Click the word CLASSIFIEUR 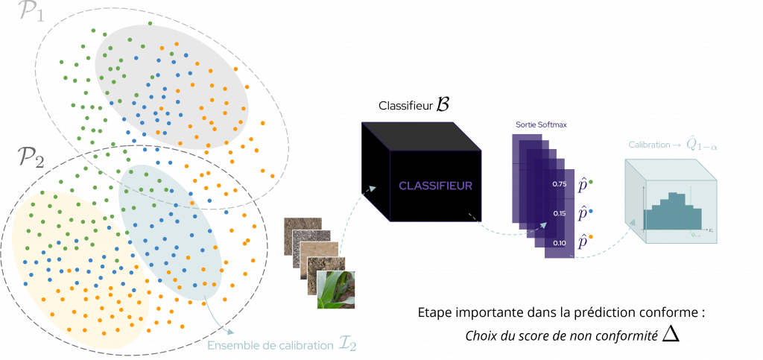click(435, 186)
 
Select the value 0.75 click(561, 183)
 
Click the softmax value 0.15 click(561, 213)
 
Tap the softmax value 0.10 click(561, 243)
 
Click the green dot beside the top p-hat click(592, 181)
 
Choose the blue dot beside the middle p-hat click(592, 211)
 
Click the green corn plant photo click(337, 289)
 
